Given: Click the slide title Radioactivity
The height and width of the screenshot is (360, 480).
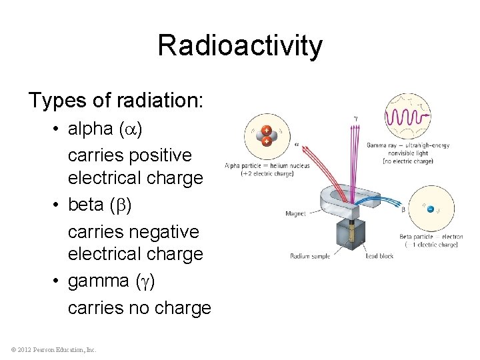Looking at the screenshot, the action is click(240, 46).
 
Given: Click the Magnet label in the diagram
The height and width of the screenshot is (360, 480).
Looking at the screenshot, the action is click(296, 214).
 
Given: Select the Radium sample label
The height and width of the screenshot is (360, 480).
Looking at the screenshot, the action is click(311, 256).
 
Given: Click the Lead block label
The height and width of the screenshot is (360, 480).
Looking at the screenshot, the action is click(379, 256).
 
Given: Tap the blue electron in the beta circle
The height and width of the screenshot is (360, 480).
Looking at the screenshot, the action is click(431, 209).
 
